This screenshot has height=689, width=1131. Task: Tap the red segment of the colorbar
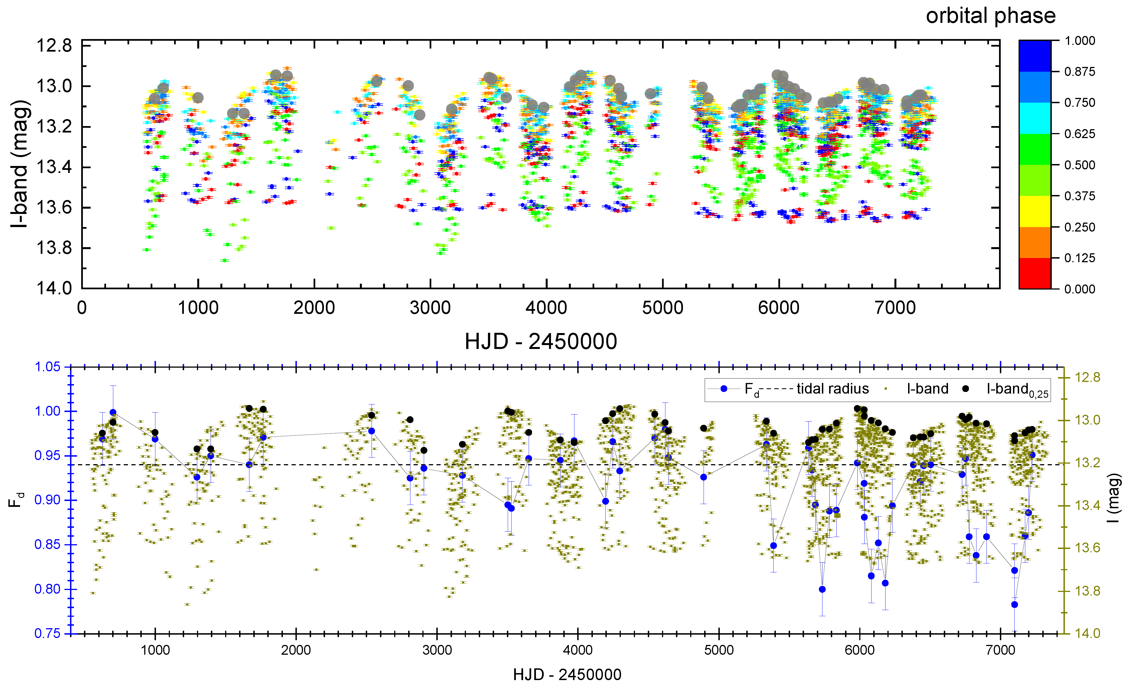coord(1034,273)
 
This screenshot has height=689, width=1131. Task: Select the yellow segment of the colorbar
coord(1034,211)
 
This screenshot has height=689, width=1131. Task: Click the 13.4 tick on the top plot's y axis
coord(54,167)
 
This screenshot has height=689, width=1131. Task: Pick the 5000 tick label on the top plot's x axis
coord(662,308)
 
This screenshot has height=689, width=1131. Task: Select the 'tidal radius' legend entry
coord(832,389)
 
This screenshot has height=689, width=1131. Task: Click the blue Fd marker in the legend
coord(724,389)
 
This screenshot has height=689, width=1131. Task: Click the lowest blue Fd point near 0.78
coord(1014,604)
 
